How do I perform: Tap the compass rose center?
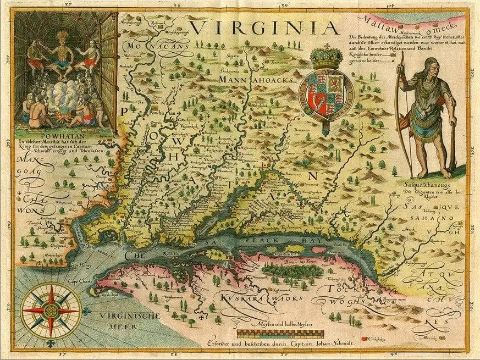point(50,311)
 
